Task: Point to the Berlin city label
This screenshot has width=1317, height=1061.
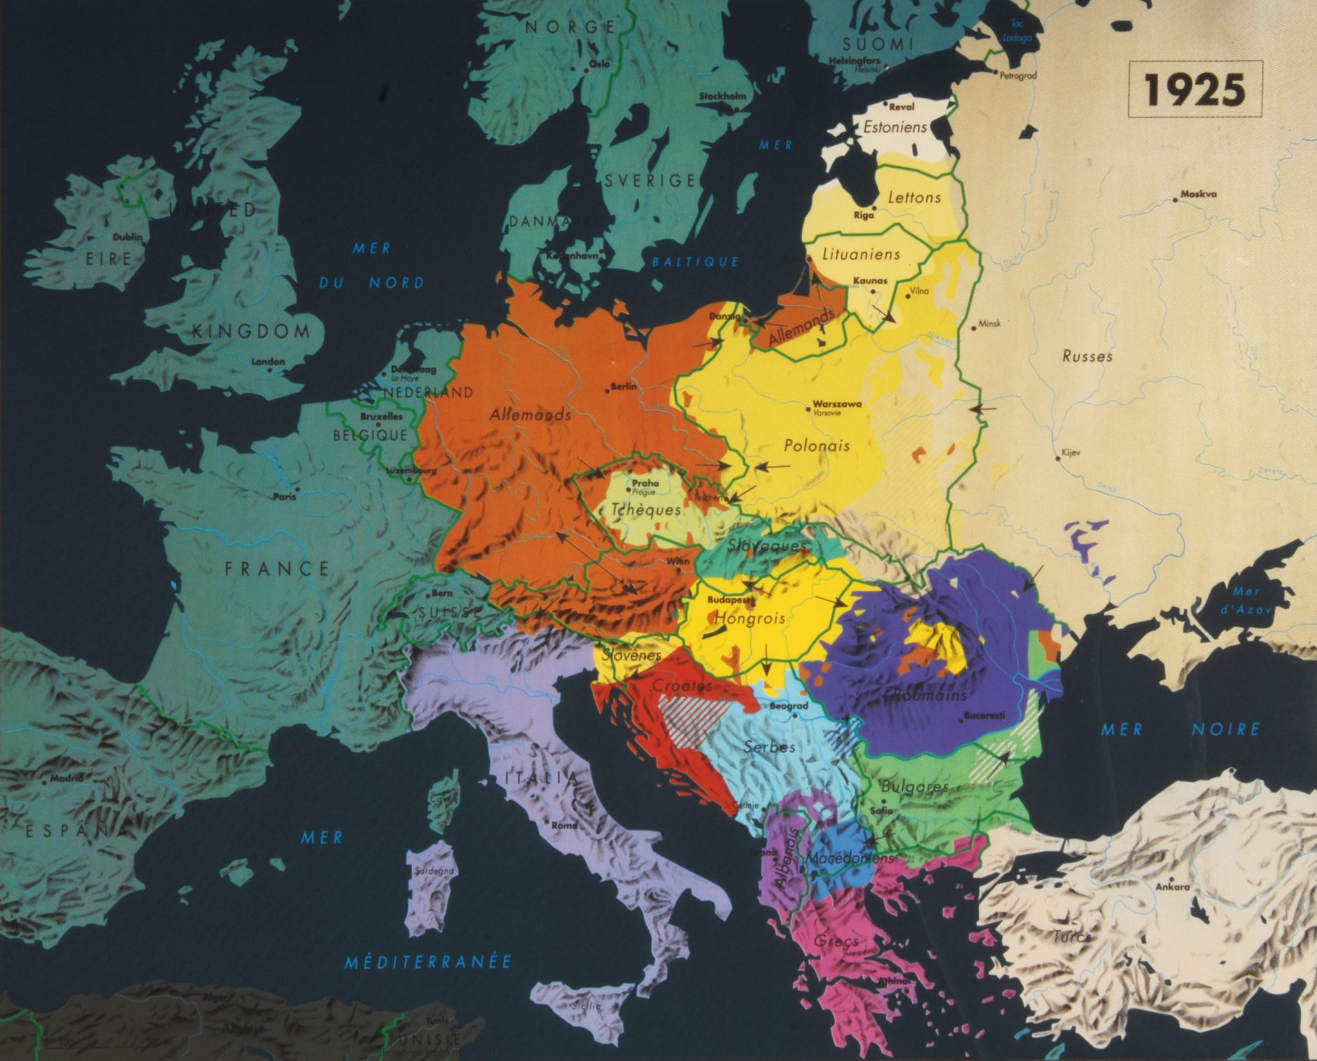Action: pyautogui.click(x=624, y=387)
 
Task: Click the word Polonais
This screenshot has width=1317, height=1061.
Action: pyautogui.click(x=817, y=445)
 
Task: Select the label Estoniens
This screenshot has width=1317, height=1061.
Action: pyautogui.click(x=895, y=127)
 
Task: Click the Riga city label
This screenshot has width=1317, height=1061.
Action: pyautogui.click(x=864, y=216)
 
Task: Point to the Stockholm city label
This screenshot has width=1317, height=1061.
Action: pyautogui.click(x=723, y=96)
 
